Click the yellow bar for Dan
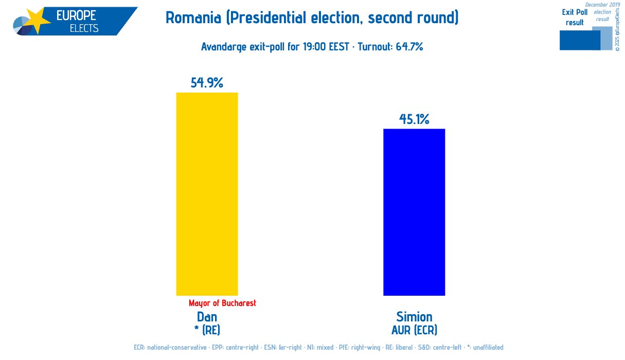pos(207,194)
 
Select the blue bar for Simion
pos(414,212)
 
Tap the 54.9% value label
pos(207,83)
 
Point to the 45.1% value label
pos(414,119)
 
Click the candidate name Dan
pos(207,316)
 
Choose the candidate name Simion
pos(414,316)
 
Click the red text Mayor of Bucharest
pos(222,303)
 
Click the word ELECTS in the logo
pos(84,28)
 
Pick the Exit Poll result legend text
pos(575,17)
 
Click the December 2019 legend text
pos(602,5)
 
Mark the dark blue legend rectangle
pos(579,41)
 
